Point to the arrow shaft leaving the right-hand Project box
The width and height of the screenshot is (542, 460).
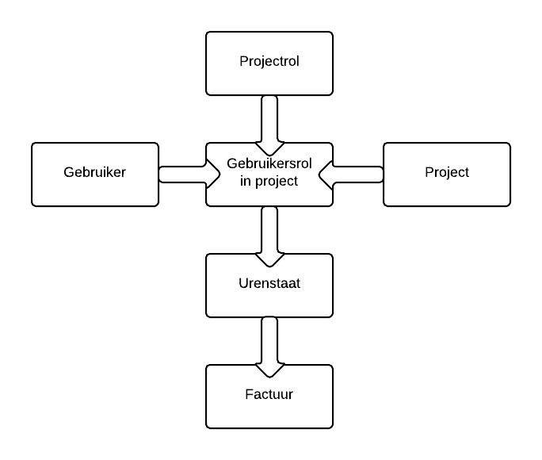(x=358, y=174)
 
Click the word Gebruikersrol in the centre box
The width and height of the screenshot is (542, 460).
(x=269, y=165)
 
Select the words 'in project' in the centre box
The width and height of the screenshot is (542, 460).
(x=269, y=181)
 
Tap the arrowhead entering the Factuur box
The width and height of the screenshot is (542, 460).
(x=269, y=370)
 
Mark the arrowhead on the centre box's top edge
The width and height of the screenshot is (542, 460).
(x=269, y=148)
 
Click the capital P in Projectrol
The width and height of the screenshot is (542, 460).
(x=243, y=62)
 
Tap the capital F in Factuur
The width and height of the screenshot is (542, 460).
(x=249, y=394)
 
